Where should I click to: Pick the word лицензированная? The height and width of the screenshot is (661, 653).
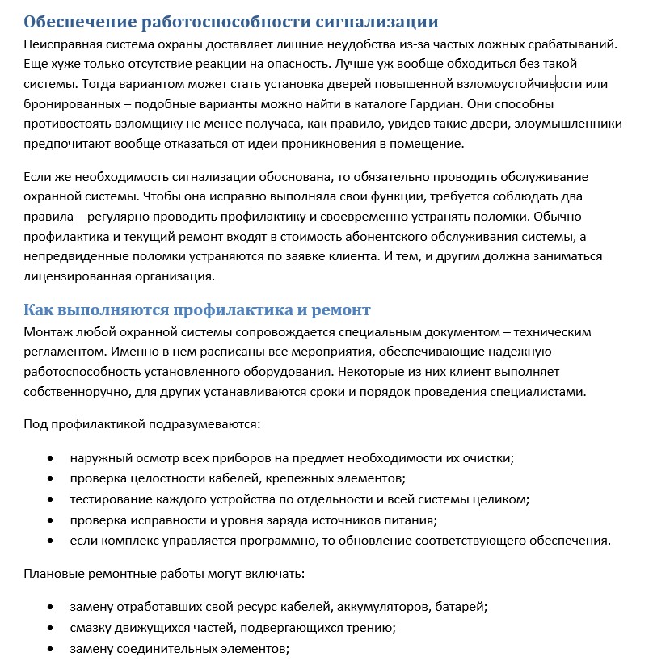70,276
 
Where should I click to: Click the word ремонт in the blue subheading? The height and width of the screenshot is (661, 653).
340,309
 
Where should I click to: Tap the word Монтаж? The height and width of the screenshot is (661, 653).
48,332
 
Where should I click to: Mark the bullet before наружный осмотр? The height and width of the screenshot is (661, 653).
51,458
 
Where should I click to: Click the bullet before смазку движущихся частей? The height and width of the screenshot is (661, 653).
51,628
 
